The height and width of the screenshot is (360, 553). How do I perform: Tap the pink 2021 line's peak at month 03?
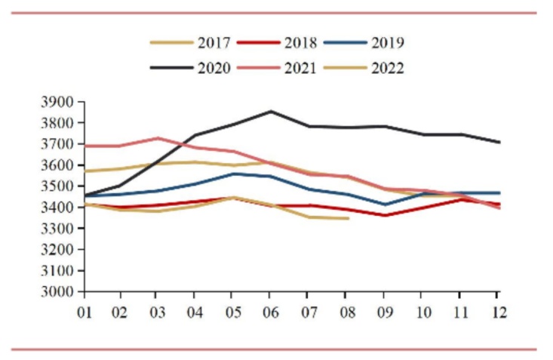(x=156, y=138)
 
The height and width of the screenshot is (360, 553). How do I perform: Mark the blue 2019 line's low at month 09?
(x=385, y=205)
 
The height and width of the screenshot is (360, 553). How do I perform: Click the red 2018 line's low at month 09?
(x=385, y=215)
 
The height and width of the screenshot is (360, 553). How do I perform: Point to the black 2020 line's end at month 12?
(x=497, y=142)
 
